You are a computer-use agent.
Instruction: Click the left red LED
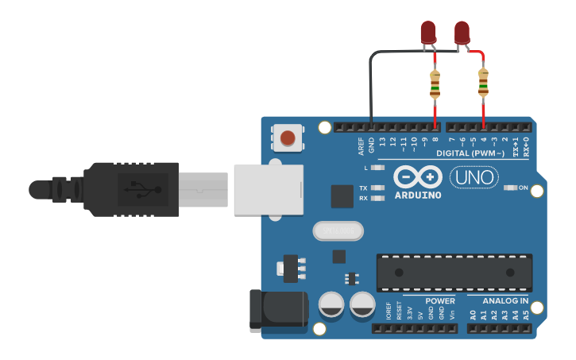tap(428, 32)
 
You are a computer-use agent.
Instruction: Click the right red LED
tap(462, 32)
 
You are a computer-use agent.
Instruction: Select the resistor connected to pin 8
tap(435, 84)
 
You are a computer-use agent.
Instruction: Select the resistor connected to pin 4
tap(483, 83)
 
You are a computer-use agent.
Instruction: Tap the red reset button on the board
tap(288, 138)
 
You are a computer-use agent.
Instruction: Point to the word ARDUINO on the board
tap(417, 195)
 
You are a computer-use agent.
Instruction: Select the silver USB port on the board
tap(269, 189)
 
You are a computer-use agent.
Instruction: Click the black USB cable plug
tap(131, 189)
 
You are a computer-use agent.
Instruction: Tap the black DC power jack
tap(278, 311)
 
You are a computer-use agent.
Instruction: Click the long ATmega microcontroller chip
tap(454, 273)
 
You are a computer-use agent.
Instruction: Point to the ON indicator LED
tap(510, 188)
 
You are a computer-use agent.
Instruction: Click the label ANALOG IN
tap(505, 301)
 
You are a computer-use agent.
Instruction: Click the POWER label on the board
tap(439, 301)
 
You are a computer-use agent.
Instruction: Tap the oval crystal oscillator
tap(338, 230)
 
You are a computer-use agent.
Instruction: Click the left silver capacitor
tap(331, 304)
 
